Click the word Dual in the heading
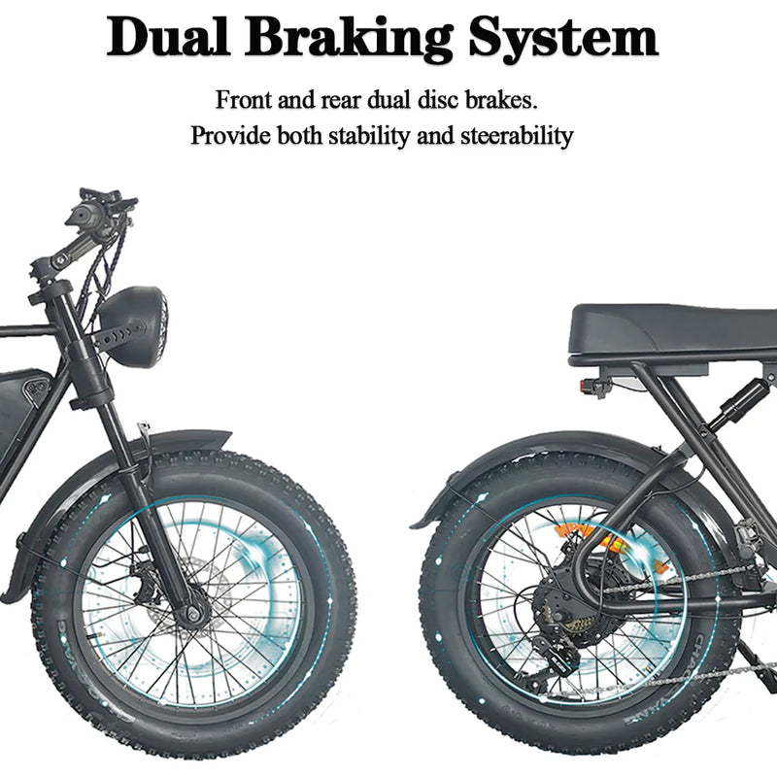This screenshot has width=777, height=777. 168,39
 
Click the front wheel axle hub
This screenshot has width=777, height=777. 191,614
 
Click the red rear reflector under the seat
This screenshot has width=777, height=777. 588,386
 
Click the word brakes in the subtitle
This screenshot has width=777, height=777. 504,100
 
